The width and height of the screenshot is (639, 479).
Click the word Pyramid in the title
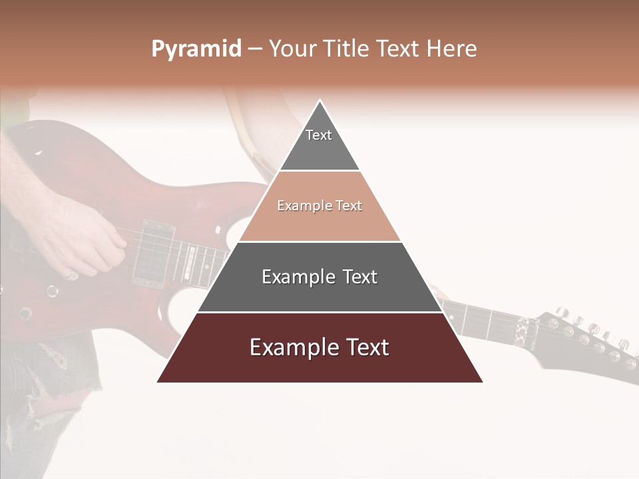(196, 49)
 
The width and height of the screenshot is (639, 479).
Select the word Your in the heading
(294, 49)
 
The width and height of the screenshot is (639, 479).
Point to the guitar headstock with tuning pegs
(586, 339)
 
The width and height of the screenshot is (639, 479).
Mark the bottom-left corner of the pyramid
(157, 382)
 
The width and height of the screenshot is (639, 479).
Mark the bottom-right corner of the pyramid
(483, 382)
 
